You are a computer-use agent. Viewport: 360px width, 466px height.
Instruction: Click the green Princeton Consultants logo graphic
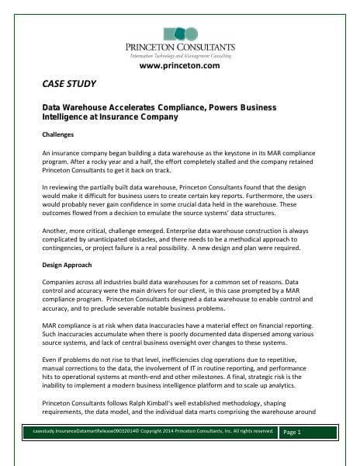pyautogui.click(x=180, y=33)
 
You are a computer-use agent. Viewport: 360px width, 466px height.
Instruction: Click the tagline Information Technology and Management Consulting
pyautogui.click(x=180, y=56)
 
